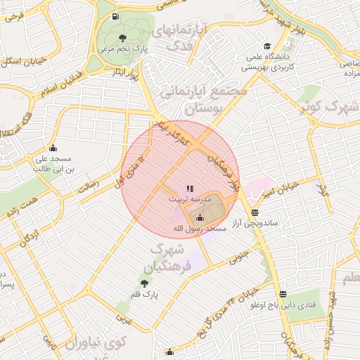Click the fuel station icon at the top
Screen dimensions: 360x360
(x=115, y=17)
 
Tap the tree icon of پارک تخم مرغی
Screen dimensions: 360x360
(x=123, y=37)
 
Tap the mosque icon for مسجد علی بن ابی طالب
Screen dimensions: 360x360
(x=53, y=148)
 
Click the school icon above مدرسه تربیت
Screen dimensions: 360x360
(x=188, y=188)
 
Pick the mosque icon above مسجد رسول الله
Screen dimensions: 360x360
(x=199, y=217)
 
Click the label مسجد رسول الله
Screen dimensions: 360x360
(x=200, y=229)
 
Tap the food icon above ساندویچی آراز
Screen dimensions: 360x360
(x=253, y=212)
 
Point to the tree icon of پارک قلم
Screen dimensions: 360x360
(x=144, y=283)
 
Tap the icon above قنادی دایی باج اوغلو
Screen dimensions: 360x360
(x=282, y=295)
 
